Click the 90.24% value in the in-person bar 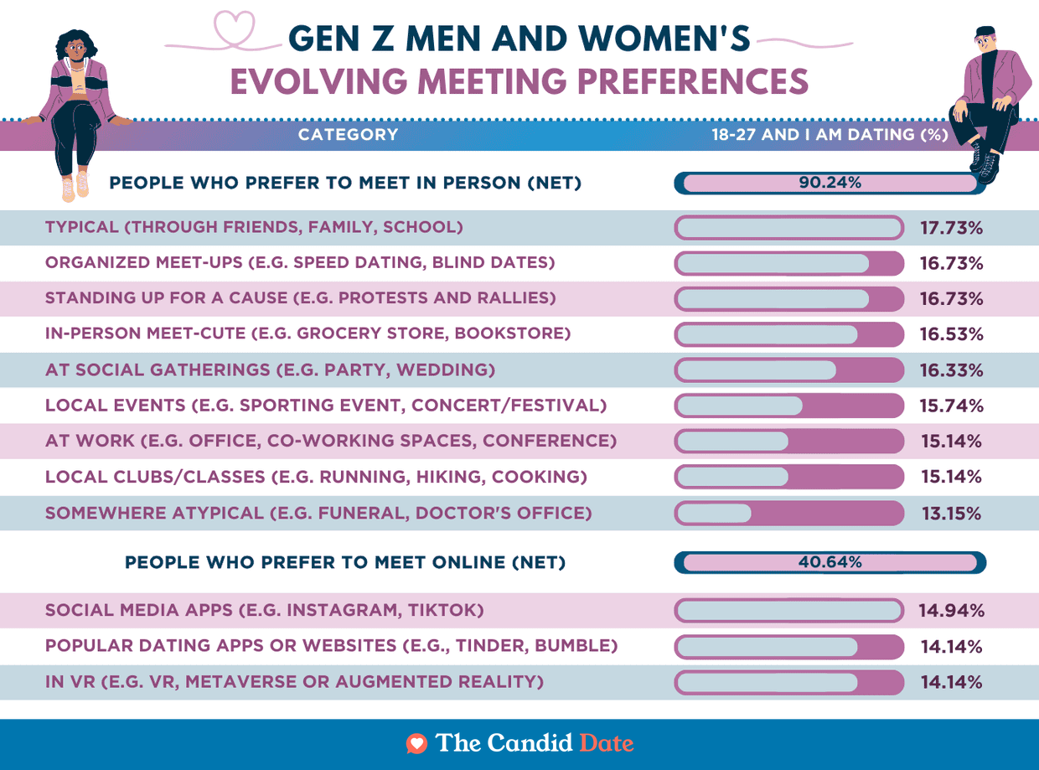pyautogui.click(x=830, y=182)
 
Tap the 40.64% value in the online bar pyautogui.click(x=830, y=562)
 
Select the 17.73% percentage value pyautogui.click(x=951, y=228)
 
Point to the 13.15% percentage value pyautogui.click(x=951, y=514)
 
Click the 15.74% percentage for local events pyautogui.click(x=951, y=406)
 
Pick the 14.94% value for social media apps pyautogui.click(x=951, y=611)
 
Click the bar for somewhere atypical pyautogui.click(x=788, y=514)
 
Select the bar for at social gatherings pyautogui.click(x=788, y=370)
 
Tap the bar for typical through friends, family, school pyautogui.click(x=788, y=228)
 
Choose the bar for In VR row pyautogui.click(x=788, y=682)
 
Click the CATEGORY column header pyautogui.click(x=348, y=135)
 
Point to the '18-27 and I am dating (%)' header pyautogui.click(x=830, y=135)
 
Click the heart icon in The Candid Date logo pyautogui.click(x=416, y=743)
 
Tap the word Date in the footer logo pyautogui.click(x=606, y=743)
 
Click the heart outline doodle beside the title pyautogui.click(x=234, y=28)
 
